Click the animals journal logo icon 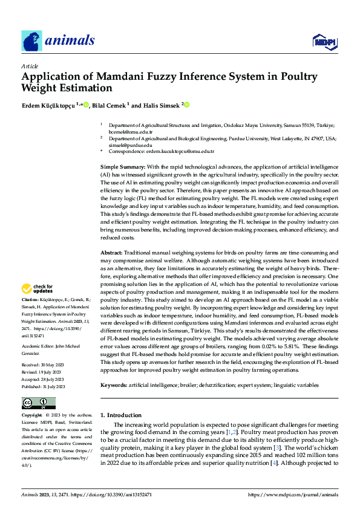coord(31,41)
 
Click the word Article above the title coord(30,66)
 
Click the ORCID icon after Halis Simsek coord(187,105)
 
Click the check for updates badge coord(38,288)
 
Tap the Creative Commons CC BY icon coord(38,403)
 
